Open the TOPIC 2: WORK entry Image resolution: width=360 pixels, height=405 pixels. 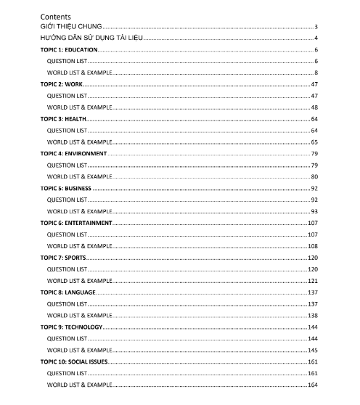(62, 84)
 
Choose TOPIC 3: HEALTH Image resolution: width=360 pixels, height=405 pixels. (63, 119)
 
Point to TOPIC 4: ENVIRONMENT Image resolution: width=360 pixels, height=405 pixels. (73, 154)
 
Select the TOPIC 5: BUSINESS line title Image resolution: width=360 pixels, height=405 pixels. (65, 188)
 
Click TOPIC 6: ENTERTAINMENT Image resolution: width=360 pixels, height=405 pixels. (75, 223)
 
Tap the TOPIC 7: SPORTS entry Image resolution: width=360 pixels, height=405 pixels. (63, 258)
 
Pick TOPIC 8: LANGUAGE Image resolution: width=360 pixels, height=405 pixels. (67, 292)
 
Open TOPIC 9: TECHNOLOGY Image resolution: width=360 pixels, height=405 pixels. (71, 327)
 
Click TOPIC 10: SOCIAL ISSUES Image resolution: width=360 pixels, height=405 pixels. (74, 361)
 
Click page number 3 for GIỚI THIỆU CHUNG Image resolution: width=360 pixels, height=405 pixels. (317, 27)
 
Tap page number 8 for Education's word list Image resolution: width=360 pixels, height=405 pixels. (317, 73)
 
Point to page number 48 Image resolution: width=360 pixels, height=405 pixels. (315, 107)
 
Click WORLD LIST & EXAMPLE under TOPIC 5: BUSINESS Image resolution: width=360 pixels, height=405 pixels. (80, 211)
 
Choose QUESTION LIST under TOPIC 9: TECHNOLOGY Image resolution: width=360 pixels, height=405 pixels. (67, 339)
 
